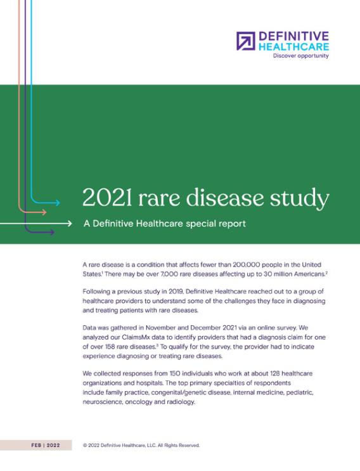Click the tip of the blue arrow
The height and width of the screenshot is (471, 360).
click(x=59, y=203)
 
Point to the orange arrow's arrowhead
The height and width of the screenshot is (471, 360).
click(x=45, y=212)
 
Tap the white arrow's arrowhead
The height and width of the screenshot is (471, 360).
click(x=71, y=224)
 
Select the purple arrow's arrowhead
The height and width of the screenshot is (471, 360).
click(x=53, y=233)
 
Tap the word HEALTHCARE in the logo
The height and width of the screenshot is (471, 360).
click(x=293, y=46)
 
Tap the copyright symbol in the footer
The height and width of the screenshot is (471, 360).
click(x=86, y=445)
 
